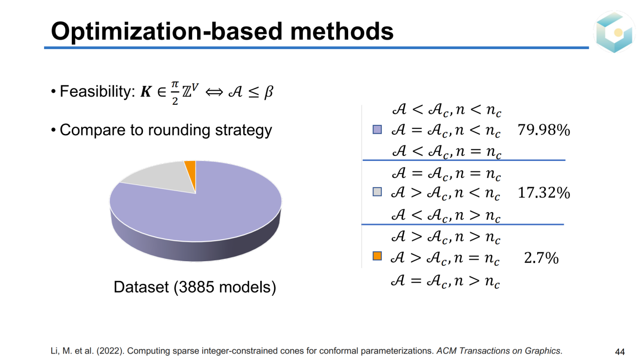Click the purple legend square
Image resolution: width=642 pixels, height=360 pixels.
(x=377, y=129)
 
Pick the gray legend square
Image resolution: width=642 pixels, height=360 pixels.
(x=377, y=192)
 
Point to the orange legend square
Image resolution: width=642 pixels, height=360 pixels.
(x=377, y=256)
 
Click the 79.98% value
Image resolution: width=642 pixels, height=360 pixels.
(x=544, y=130)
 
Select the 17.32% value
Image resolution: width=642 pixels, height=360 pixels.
(x=544, y=193)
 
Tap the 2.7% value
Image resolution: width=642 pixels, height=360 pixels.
(x=541, y=258)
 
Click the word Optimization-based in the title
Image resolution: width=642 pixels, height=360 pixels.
(x=167, y=32)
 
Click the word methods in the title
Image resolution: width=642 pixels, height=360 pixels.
(x=342, y=31)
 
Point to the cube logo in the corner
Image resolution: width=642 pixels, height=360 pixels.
(x=614, y=32)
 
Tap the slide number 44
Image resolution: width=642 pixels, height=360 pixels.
(x=620, y=351)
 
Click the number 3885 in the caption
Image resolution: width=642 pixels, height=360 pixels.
(x=196, y=287)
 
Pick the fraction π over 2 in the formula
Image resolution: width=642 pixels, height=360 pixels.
(x=175, y=93)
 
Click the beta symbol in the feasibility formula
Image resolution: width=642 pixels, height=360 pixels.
(x=268, y=92)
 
